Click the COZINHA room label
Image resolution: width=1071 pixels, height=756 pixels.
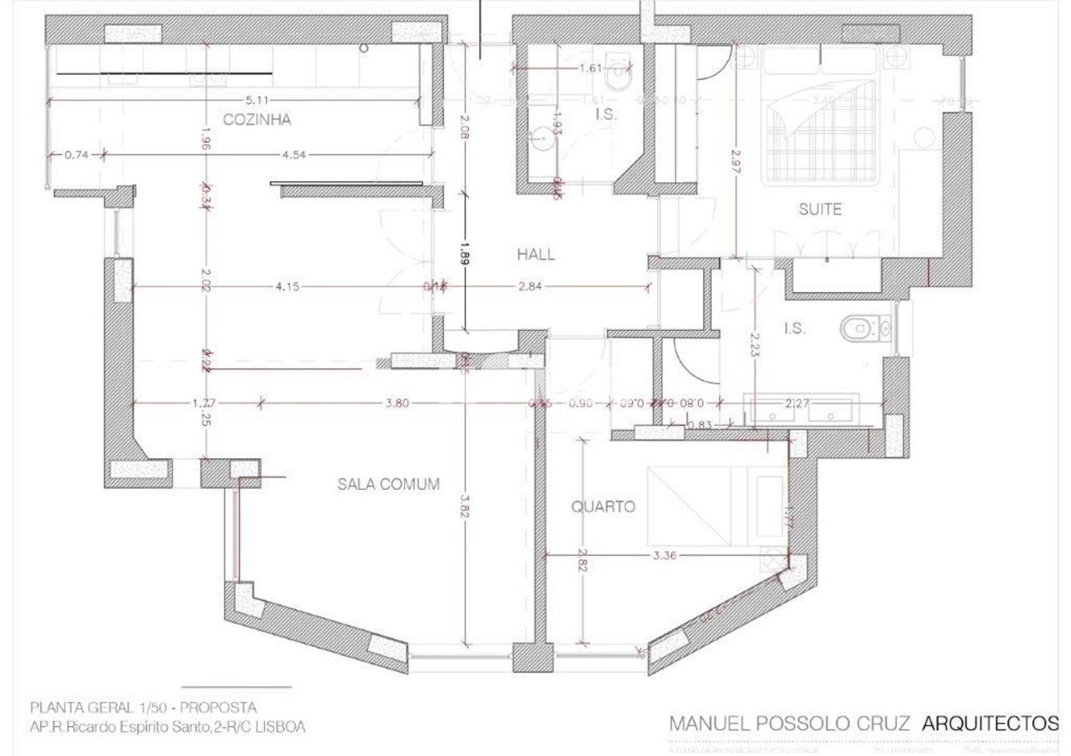pyautogui.click(x=257, y=119)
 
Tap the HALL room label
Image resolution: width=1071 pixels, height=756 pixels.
pyautogui.click(x=535, y=255)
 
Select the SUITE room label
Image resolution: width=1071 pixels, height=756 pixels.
pyautogui.click(x=819, y=210)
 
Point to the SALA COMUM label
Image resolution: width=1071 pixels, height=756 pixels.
pyautogui.click(x=388, y=484)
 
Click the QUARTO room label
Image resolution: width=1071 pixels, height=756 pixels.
pyautogui.click(x=602, y=507)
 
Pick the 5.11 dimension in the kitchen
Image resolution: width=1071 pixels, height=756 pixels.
pyautogui.click(x=257, y=100)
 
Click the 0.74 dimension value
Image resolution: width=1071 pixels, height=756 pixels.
pyautogui.click(x=76, y=155)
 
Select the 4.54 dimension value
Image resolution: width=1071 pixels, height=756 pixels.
pyautogui.click(x=293, y=155)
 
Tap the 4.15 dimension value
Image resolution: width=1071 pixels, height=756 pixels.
pyautogui.click(x=287, y=287)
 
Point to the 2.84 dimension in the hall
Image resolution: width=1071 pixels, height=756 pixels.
pyautogui.click(x=529, y=287)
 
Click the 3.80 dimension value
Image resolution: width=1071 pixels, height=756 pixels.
pyautogui.click(x=397, y=403)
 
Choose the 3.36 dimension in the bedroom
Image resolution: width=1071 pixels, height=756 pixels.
pyautogui.click(x=664, y=555)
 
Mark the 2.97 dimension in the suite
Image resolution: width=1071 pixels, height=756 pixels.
pyautogui.click(x=736, y=161)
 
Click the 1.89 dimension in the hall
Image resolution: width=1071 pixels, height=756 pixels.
pyautogui.click(x=465, y=253)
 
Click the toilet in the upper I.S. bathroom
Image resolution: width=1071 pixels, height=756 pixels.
pyautogui.click(x=618, y=75)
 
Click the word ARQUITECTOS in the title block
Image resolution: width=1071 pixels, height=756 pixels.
pyautogui.click(x=990, y=723)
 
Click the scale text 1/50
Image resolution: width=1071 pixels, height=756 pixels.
pyautogui.click(x=152, y=708)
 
